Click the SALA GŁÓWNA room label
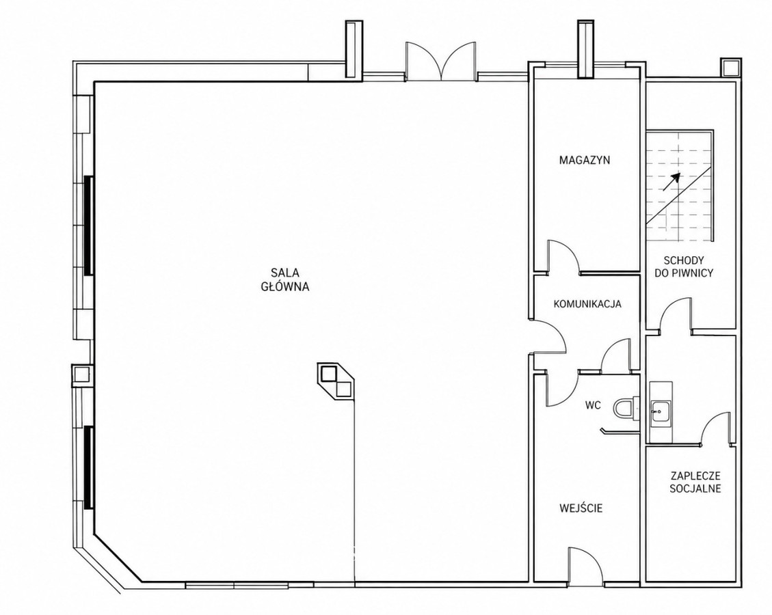(x=285, y=279)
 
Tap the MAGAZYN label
(x=585, y=160)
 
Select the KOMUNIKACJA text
(x=587, y=303)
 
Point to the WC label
(x=594, y=405)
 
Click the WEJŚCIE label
(x=581, y=508)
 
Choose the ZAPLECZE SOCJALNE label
(x=695, y=482)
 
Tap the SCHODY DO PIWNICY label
(x=683, y=266)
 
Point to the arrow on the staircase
(x=671, y=182)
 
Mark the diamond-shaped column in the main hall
(x=336, y=381)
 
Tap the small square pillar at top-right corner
(x=730, y=67)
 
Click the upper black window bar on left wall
(x=88, y=225)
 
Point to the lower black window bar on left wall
(x=88, y=467)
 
